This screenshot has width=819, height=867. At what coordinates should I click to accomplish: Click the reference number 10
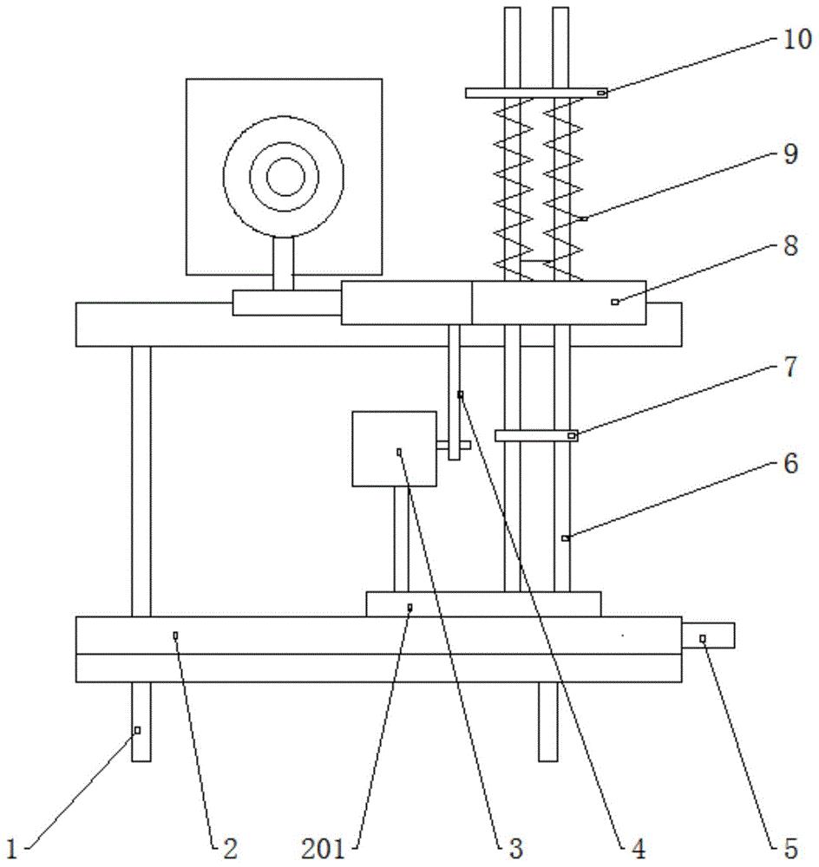(x=796, y=41)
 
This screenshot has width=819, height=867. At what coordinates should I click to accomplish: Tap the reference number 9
(x=790, y=154)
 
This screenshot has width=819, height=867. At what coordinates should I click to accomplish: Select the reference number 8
(x=790, y=245)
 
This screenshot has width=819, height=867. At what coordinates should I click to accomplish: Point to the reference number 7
(x=790, y=367)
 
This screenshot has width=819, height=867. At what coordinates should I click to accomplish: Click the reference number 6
(x=790, y=463)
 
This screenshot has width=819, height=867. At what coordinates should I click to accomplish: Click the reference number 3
(x=515, y=848)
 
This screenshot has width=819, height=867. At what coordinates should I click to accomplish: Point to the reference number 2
(x=230, y=848)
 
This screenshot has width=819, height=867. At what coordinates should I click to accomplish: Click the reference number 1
(x=12, y=848)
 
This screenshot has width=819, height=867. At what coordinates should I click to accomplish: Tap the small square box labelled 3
(x=395, y=449)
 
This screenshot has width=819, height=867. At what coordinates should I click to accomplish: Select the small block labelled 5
(x=708, y=636)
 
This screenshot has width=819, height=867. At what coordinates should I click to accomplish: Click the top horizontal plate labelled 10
(x=536, y=93)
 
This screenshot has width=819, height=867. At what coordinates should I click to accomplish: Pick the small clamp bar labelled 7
(x=536, y=436)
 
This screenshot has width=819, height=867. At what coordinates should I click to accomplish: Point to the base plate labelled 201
(x=483, y=604)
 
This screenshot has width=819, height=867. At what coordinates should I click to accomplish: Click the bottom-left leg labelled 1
(x=141, y=721)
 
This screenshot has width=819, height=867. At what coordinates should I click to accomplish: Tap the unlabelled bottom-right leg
(x=548, y=721)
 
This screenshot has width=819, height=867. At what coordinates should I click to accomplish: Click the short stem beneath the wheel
(x=284, y=264)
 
